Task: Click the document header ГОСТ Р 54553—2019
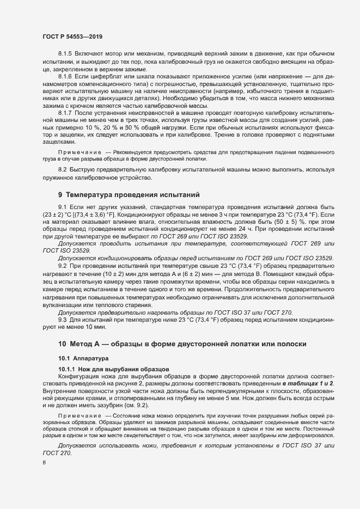point(72,36)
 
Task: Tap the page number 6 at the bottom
point(44,463)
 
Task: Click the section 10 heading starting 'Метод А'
point(182,344)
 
